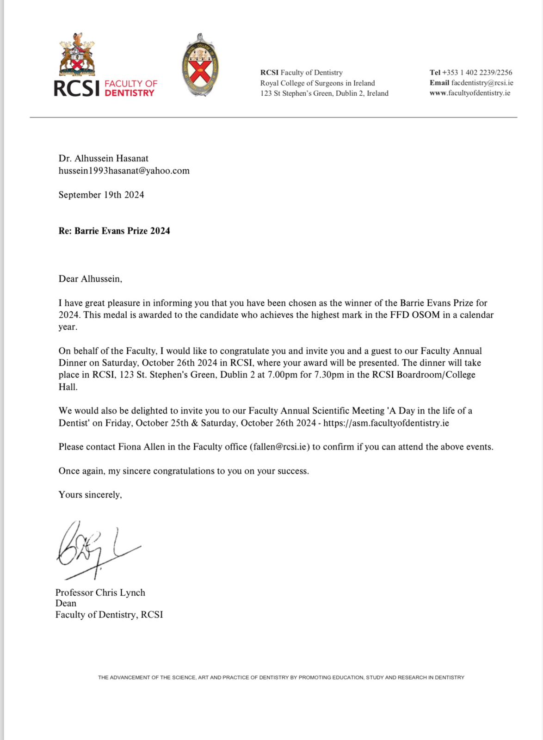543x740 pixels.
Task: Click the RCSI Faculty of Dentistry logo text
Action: pyautogui.click(x=105, y=88)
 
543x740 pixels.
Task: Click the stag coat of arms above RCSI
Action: pyautogui.click(x=77, y=55)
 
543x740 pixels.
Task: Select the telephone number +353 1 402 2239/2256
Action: pyautogui.click(x=477, y=72)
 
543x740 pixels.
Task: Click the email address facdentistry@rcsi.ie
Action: pyautogui.click(x=482, y=83)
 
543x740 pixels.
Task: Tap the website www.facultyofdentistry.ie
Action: pyautogui.click(x=470, y=93)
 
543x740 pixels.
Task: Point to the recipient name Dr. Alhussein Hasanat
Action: pyautogui.click(x=104, y=159)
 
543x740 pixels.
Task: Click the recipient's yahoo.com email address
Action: pyautogui.click(x=124, y=171)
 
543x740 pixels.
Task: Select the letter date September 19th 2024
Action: pyautogui.click(x=101, y=195)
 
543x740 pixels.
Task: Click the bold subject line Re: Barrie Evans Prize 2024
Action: pyautogui.click(x=114, y=231)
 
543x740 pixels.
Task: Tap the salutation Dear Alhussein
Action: pyautogui.click(x=90, y=279)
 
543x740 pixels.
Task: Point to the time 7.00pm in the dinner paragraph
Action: pyautogui.click(x=283, y=375)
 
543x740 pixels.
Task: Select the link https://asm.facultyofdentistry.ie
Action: pyautogui.click(x=386, y=423)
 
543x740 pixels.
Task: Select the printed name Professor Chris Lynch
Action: pyautogui.click(x=100, y=592)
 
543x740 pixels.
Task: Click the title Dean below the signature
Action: pyautogui.click(x=66, y=603)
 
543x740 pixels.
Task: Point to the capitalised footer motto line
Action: pyautogui.click(x=281, y=678)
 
